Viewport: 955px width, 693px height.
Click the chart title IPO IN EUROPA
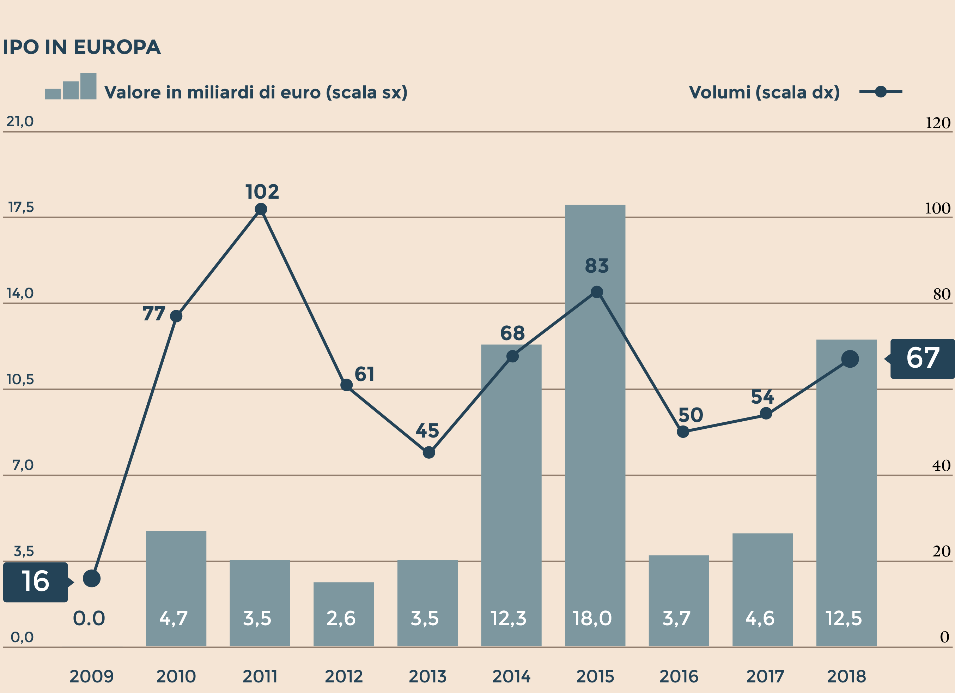tap(82, 47)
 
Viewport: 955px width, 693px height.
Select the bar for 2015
tap(595, 426)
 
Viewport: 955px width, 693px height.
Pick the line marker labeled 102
tap(261, 209)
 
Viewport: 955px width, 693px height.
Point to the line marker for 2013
tap(428, 452)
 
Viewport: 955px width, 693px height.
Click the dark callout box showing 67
tap(922, 358)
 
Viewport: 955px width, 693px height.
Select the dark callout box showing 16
tap(35, 582)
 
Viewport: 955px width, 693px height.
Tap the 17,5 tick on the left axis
tap(21, 207)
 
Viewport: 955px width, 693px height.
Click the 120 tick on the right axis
tap(937, 123)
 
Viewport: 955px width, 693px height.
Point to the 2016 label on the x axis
tap(679, 676)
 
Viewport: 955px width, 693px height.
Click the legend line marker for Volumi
tap(881, 91)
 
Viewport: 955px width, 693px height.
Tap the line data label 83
tap(597, 266)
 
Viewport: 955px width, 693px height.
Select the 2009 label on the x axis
tap(91, 676)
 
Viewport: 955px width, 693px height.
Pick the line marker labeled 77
tap(176, 316)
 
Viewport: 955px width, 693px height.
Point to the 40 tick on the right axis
tap(941, 465)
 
